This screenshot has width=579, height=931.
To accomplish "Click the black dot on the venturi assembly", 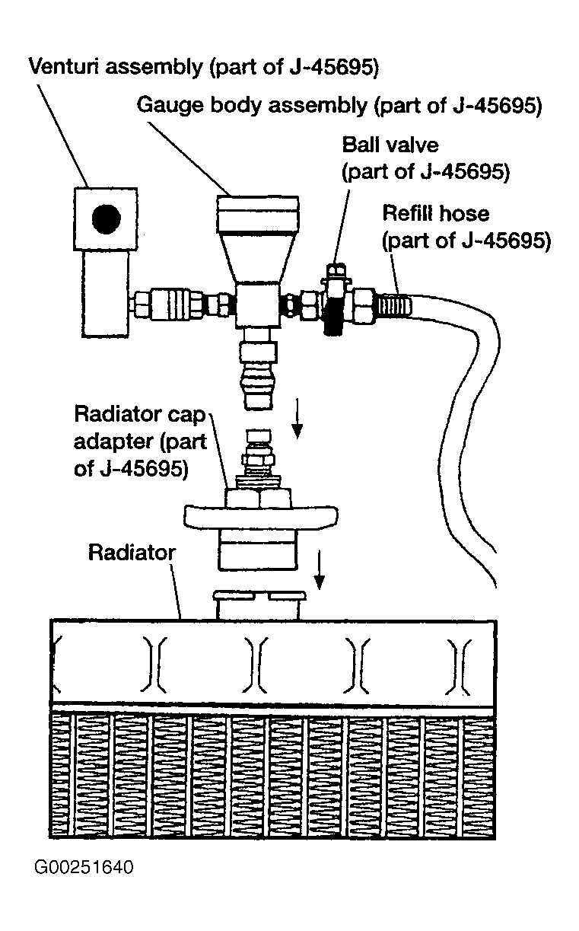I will (x=106, y=220).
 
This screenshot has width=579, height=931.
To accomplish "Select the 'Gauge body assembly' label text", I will (x=339, y=104).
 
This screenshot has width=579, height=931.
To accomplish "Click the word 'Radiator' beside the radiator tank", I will (x=132, y=552).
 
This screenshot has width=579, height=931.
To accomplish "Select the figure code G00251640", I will (x=83, y=868).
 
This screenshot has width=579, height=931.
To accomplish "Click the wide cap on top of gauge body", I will (x=258, y=214).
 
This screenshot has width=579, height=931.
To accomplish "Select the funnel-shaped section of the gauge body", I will (x=258, y=259).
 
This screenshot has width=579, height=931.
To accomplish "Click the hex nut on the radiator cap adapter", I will (x=259, y=499).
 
